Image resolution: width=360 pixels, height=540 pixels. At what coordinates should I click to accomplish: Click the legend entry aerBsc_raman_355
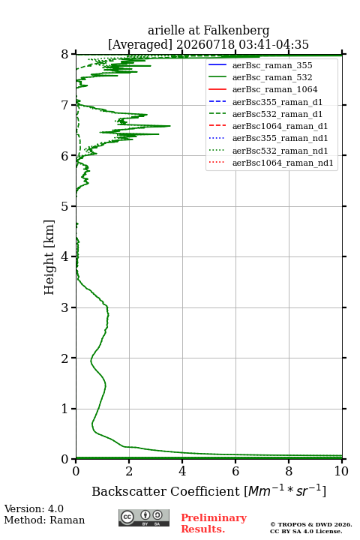[272, 65]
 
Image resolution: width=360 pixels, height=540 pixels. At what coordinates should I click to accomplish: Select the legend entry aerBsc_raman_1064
[275, 89]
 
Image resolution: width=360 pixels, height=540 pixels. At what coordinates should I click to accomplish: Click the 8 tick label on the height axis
[64, 55]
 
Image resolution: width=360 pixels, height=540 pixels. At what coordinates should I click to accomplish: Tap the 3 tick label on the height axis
[64, 307]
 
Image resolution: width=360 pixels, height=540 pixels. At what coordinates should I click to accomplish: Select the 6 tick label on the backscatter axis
[235, 471]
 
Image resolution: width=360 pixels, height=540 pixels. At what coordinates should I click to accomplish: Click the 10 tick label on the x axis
[341, 471]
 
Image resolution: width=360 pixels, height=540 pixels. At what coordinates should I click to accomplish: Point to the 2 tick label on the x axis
[129, 471]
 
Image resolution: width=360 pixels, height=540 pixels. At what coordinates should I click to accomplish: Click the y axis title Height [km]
[49, 257]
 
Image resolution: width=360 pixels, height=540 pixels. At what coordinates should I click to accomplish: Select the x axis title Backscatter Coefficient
[166, 491]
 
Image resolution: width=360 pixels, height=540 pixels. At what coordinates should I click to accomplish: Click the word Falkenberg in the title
[236, 31]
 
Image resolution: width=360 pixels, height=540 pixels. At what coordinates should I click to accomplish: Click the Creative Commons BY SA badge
[144, 517]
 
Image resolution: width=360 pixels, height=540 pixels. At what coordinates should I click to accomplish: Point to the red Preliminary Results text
[214, 523]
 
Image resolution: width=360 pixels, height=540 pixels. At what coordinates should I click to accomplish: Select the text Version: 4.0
[34, 509]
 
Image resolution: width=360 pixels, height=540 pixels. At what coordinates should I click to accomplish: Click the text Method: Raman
[44, 520]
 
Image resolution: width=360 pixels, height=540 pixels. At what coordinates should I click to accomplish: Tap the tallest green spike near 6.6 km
[169, 126]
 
